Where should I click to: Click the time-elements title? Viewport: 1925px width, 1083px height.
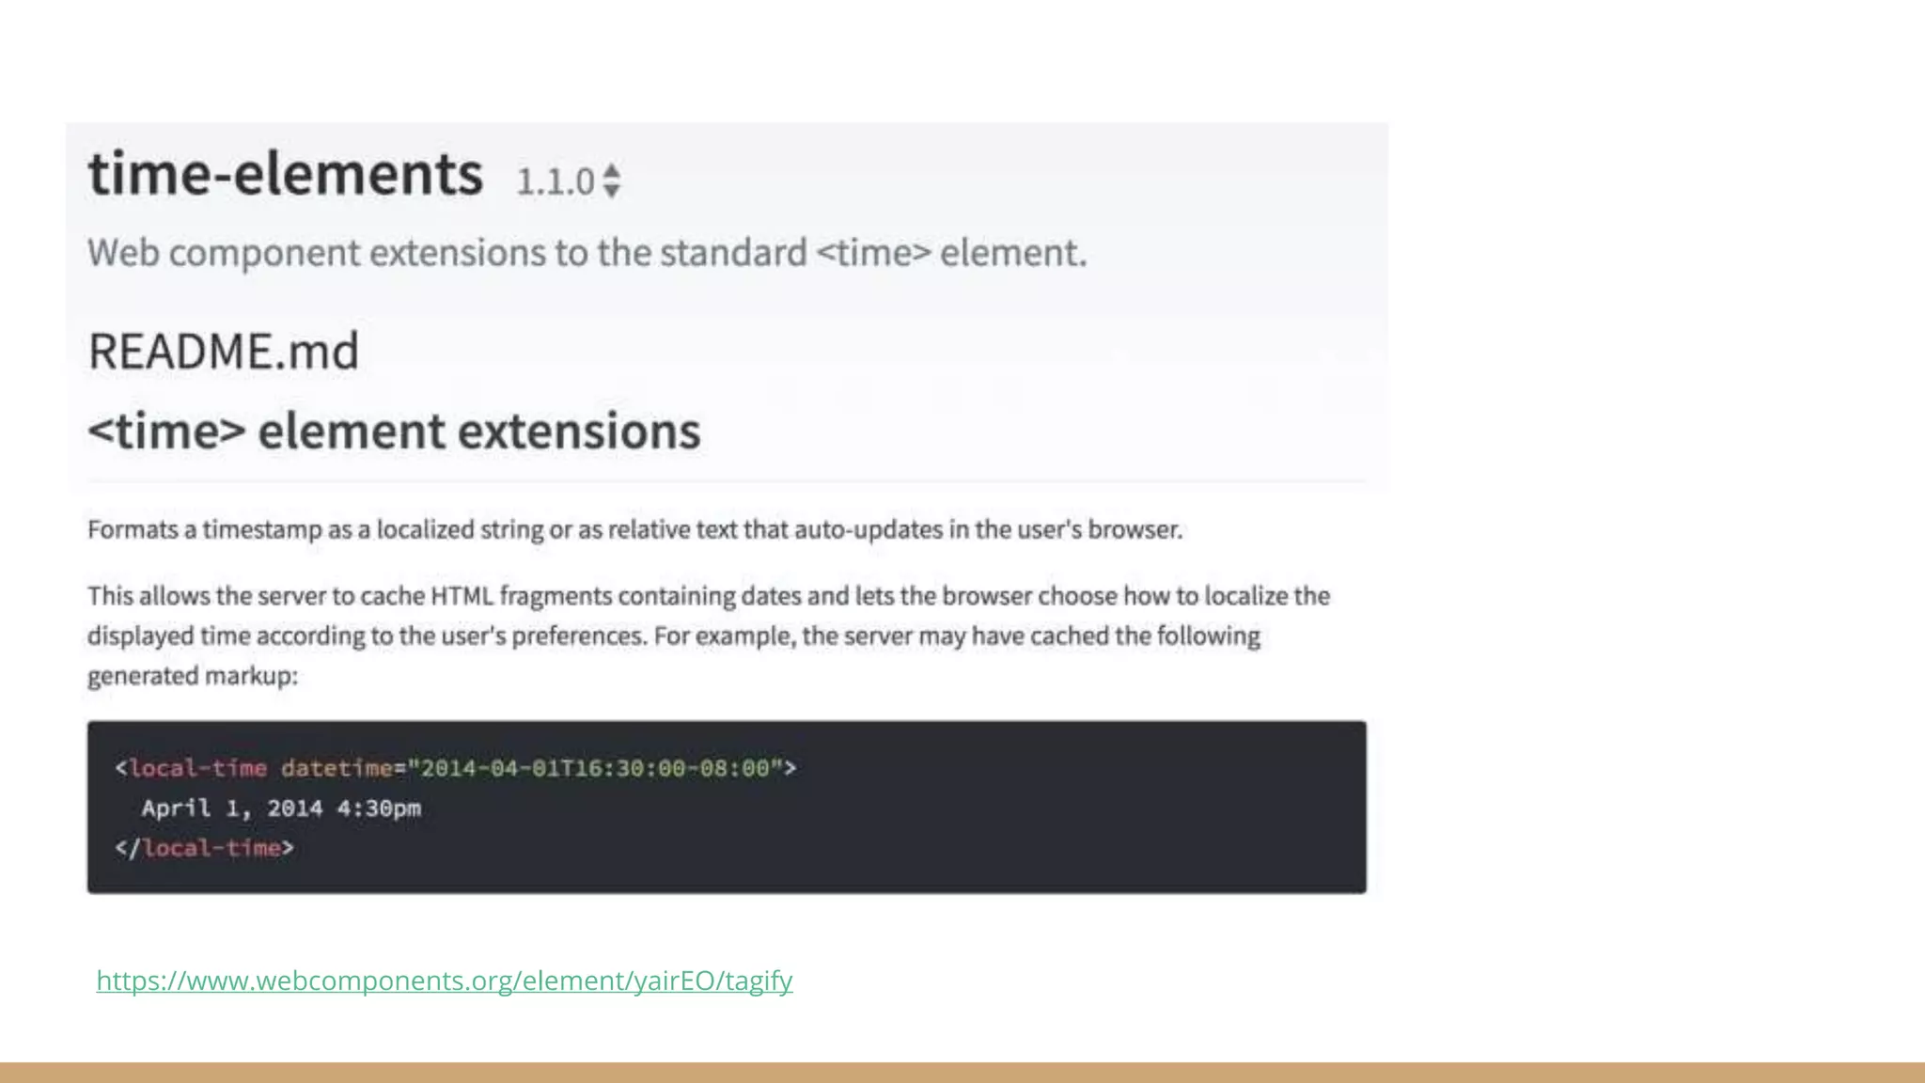click(285, 175)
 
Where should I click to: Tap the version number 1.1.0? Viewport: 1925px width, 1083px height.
click(555, 181)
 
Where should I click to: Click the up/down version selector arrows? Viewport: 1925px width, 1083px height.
click(612, 181)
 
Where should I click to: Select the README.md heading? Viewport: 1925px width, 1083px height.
click(224, 352)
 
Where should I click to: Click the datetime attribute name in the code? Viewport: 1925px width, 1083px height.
click(336, 768)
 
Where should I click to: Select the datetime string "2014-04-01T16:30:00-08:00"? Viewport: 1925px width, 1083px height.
click(595, 768)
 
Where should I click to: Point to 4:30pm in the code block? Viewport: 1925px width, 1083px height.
click(379, 808)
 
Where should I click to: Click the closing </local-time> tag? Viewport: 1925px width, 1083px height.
click(205, 848)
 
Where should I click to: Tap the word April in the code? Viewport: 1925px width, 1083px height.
click(176, 808)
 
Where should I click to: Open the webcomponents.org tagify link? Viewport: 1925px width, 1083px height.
click(445, 981)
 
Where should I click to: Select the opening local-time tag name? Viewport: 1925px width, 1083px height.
click(198, 768)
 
